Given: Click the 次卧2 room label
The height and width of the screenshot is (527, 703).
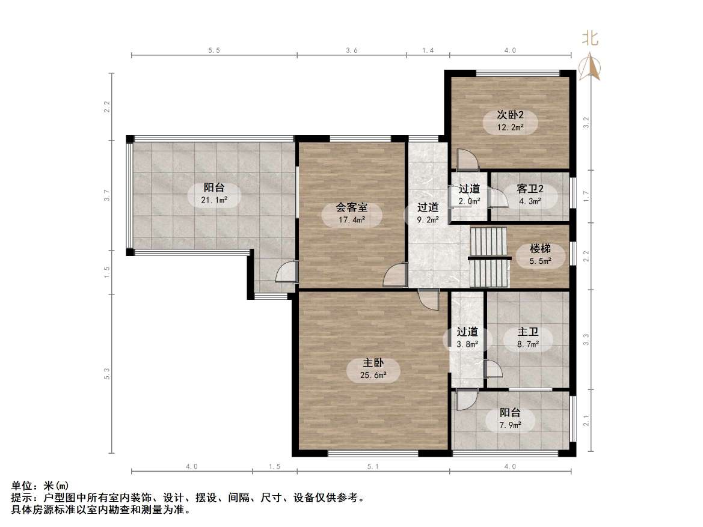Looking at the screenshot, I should (510, 115).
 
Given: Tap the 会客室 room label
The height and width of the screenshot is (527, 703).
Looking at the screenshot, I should (352, 208).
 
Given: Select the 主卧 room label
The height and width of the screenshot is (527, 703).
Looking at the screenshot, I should (373, 363).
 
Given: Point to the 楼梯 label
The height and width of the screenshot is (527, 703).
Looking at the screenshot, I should (540, 248).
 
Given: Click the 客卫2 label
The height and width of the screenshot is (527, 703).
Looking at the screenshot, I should (529, 189).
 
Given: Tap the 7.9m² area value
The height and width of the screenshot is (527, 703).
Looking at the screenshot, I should (509, 425).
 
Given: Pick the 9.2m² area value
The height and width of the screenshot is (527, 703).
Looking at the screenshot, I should (428, 219).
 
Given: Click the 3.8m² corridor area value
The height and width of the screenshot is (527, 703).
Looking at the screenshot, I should (467, 344).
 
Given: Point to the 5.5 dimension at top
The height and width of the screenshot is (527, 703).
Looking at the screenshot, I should (214, 51).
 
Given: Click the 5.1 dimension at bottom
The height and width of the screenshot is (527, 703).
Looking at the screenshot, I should (373, 466).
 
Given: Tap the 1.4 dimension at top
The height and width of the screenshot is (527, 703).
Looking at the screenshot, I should (428, 51).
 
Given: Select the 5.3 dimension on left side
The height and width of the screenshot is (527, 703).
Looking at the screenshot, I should (107, 374).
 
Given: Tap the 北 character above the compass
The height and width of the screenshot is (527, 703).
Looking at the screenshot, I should (589, 39).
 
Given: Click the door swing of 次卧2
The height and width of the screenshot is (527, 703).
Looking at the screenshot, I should (467, 160).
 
